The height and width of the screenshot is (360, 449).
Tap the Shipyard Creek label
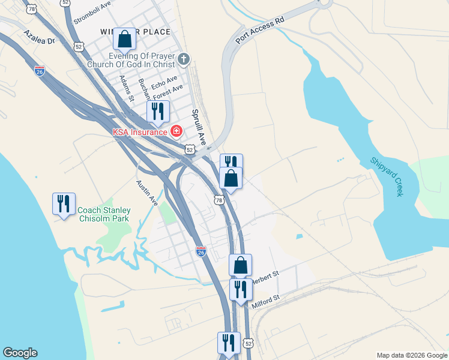(x=386, y=176)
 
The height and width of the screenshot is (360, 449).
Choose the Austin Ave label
(x=146, y=192)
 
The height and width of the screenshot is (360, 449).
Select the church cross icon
(x=184, y=59)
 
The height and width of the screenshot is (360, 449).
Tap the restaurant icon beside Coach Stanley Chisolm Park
(x=63, y=204)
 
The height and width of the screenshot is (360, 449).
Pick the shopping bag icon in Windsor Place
(x=124, y=40)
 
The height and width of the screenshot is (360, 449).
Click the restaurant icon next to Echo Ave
(x=158, y=111)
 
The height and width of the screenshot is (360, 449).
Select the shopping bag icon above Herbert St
(x=240, y=265)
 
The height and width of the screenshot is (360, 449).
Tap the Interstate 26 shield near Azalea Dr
(x=40, y=70)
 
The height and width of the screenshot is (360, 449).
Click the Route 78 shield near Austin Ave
(x=219, y=199)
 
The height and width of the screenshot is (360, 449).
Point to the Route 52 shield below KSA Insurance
(x=190, y=149)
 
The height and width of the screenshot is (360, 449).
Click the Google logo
(x=20, y=353)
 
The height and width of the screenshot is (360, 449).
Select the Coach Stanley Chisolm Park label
(x=104, y=214)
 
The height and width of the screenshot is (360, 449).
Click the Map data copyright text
(x=412, y=355)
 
